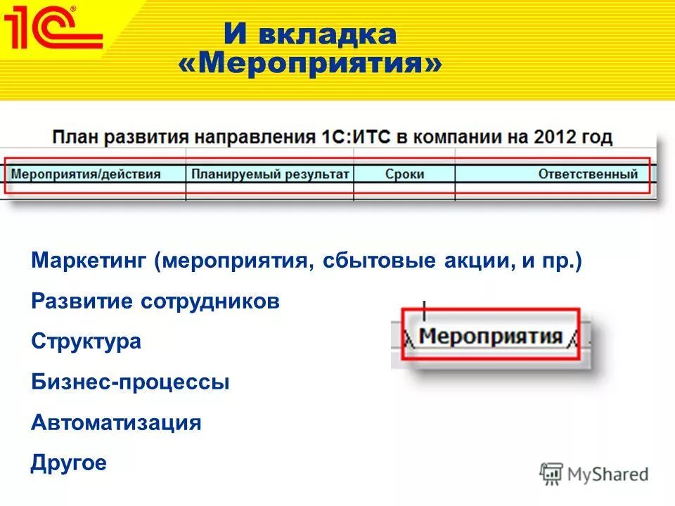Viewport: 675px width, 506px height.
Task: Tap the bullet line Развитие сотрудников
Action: point(155,302)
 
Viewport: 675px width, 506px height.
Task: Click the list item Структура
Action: point(86,342)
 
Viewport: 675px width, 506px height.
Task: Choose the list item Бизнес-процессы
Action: point(130,383)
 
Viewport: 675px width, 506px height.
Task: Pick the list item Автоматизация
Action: point(116,423)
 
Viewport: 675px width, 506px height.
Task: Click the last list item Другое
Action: point(69,463)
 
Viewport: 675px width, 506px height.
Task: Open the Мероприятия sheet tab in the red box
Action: point(491,336)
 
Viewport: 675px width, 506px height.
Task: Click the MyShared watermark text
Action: point(608,474)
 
